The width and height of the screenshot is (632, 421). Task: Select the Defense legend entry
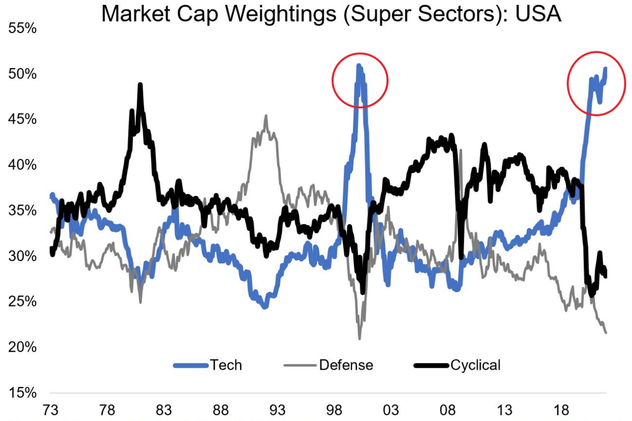point(346,365)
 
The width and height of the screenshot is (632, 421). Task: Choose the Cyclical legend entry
point(475,365)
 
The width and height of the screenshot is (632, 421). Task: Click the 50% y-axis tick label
point(22,74)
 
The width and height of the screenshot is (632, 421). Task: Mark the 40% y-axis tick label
point(22,165)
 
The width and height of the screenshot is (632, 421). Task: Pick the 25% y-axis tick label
point(22,302)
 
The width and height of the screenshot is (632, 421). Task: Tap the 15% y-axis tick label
point(22,393)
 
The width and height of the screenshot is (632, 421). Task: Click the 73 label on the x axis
point(51,410)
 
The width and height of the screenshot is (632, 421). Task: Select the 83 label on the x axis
point(164,410)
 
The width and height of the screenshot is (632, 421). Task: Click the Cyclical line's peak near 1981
point(140,85)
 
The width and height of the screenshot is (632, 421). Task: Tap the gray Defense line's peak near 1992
point(266,116)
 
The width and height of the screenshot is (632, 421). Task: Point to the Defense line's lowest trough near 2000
point(359,339)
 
